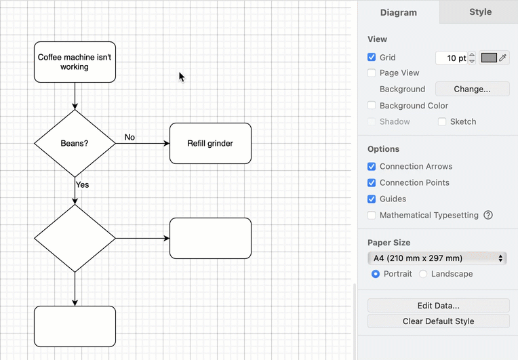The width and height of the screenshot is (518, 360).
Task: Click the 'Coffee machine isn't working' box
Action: [x=75, y=62]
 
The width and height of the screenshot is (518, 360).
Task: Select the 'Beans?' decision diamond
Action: [x=75, y=143]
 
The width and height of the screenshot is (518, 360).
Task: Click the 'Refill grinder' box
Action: [x=210, y=143]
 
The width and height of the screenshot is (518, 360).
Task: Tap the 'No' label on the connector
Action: [x=129, y=138]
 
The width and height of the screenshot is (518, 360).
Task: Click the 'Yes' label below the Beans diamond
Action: [x=82, y=184]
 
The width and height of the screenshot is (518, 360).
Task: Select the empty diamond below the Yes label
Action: [x=75, y=238]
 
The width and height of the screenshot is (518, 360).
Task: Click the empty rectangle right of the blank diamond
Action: [x=210, y=238]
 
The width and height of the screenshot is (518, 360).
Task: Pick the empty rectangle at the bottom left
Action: [x=75, y=326]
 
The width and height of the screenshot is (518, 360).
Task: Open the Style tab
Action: [x=480, y=12]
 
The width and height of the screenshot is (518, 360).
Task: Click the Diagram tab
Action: [x=399, y=12]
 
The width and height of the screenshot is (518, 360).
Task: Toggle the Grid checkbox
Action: [x=372, y=58]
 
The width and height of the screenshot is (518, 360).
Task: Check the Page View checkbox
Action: [x=372, y=73]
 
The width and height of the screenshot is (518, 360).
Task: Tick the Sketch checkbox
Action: [x=442, y=121]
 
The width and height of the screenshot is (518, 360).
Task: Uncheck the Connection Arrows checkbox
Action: [x=372, y=166]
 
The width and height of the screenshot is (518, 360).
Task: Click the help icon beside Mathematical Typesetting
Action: [x=488, y=215]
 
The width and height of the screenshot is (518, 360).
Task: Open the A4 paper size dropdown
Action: [x=437, y=258]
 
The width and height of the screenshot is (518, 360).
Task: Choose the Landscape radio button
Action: [x=423, y=274]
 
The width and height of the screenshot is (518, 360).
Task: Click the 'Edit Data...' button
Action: [x=438, y=306]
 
